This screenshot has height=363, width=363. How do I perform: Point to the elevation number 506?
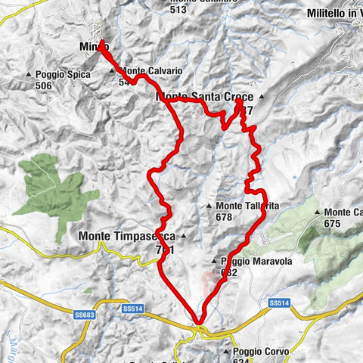[x=43, y=86]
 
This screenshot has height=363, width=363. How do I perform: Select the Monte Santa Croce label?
[x=204, y=97]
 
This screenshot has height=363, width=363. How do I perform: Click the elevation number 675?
[x=334, y=224]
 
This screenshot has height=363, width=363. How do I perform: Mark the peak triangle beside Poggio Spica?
[x=29, y=75]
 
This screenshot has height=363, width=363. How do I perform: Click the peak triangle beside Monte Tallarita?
[x=209, y=206]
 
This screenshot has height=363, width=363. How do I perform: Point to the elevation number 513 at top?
[x=179, y=10]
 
